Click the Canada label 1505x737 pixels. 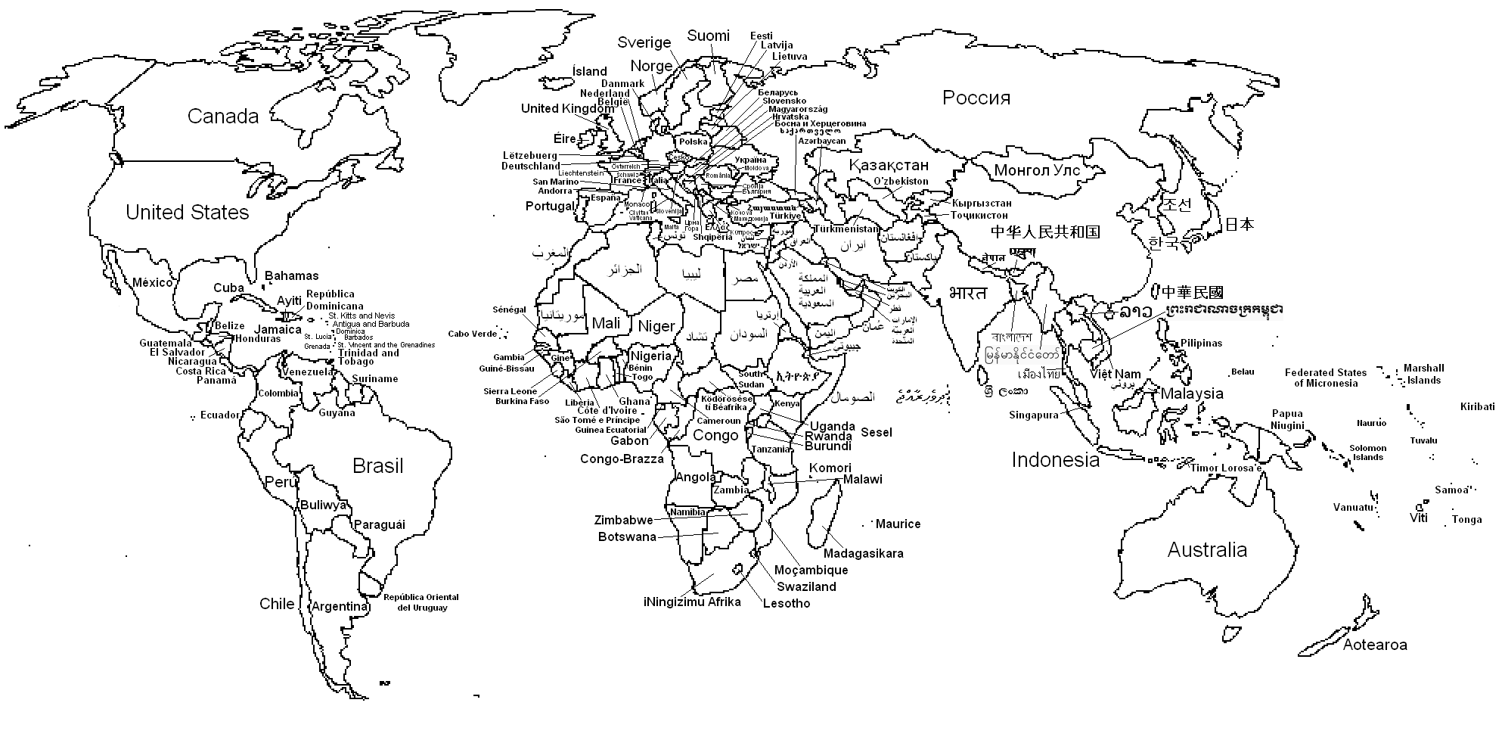[222, 117]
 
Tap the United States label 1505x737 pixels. [187, 213]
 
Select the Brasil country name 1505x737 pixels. [377, 466]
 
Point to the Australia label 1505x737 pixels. [1206, 550]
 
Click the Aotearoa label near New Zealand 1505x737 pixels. [1374, 645]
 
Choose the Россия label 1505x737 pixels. [976, 98]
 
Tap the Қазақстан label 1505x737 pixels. [888, 165]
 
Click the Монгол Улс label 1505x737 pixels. [1036, 170]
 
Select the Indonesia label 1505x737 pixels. [1055, 460]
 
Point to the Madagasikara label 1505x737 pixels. [863, 554]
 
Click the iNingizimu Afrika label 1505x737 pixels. [691, 602]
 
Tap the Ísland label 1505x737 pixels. [589, 72]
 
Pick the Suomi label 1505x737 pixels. [708, 36]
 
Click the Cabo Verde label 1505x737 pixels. [472, 334]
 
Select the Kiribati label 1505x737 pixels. [1477, 407]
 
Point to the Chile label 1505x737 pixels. [277, 604]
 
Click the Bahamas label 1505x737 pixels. [291, 276]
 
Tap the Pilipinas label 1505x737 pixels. [1201, 344]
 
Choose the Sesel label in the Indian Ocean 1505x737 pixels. [876, 433]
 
